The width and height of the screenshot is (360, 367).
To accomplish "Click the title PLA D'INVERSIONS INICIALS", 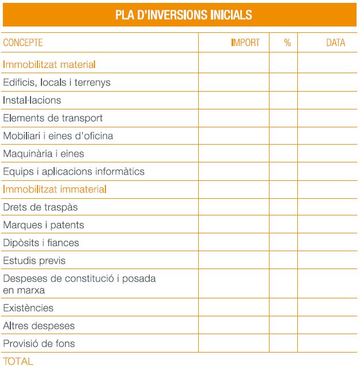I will coord(180,14).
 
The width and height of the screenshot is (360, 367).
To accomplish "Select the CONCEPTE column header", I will coord(23,43).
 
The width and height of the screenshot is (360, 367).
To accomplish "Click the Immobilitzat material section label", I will coord(49,65).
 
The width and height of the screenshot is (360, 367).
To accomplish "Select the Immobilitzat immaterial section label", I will coord(55,189).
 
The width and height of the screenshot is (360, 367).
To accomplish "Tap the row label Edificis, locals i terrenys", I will coord(56,82).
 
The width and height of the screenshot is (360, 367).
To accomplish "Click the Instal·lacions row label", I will coord(32,100).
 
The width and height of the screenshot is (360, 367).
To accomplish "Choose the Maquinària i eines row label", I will coord(40,154).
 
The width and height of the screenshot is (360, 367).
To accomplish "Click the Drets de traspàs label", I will coord(40,207).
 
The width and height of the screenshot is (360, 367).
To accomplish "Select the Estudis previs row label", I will coord(35,260).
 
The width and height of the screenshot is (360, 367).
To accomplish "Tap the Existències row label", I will coord(28,308).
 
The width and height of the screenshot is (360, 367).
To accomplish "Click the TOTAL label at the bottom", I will coord(18,361).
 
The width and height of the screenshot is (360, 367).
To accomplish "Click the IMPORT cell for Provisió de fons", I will coord(234,344).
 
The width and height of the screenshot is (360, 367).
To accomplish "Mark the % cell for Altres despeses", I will coord(283,326).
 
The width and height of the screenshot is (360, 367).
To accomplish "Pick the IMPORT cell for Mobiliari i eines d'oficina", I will coord(234,136).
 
